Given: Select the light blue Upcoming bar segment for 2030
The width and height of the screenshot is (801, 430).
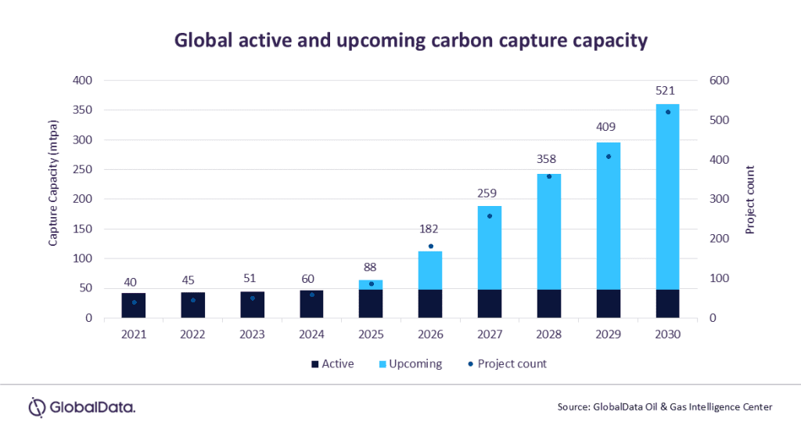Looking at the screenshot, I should tap(667, 196).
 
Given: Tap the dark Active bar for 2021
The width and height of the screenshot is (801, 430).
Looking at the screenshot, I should tap(134, 305).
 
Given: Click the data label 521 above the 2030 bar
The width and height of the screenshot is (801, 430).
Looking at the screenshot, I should tap(667, 91).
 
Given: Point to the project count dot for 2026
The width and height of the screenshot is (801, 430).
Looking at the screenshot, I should tap(430, 246).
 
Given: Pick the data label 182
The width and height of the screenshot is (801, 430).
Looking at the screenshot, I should tap(430, 229).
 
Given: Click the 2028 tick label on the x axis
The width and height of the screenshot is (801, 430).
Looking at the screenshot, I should tap(549, 334).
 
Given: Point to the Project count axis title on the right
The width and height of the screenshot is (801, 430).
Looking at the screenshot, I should tap(749, 200).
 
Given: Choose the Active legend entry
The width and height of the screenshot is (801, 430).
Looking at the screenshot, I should tap(332, 364).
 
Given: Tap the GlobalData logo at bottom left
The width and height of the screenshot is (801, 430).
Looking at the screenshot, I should tap(82, 407).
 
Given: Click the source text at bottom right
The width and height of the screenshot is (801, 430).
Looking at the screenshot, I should tap(665, 407).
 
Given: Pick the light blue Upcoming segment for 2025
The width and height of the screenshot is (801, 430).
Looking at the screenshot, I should tap(371, 284).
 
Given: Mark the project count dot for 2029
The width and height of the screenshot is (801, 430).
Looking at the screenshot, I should tap(608, 157).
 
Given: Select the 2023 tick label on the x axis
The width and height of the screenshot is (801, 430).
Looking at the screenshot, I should tap(252, 334).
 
